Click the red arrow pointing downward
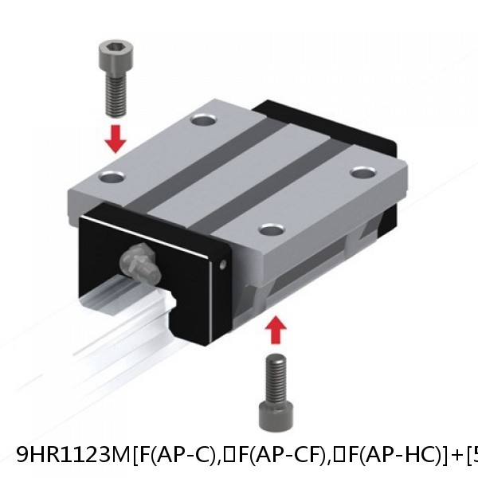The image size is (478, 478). point(116,139)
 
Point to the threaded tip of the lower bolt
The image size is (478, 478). point(276,370)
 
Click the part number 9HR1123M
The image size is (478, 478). point(72,456)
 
